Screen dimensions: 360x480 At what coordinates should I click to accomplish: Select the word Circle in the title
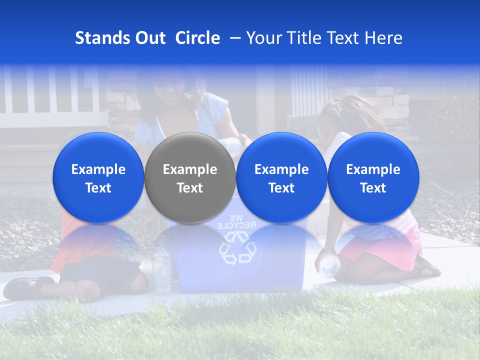coord(197,38)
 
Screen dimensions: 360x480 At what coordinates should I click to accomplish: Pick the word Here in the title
coord(384,38)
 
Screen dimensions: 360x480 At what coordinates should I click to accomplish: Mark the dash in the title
coord(234,38)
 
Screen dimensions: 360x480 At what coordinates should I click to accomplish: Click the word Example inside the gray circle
coord(190,169)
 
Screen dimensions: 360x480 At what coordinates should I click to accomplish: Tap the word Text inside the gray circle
coord(190,188)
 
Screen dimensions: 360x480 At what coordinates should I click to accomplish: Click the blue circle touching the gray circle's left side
coord(98,177)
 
